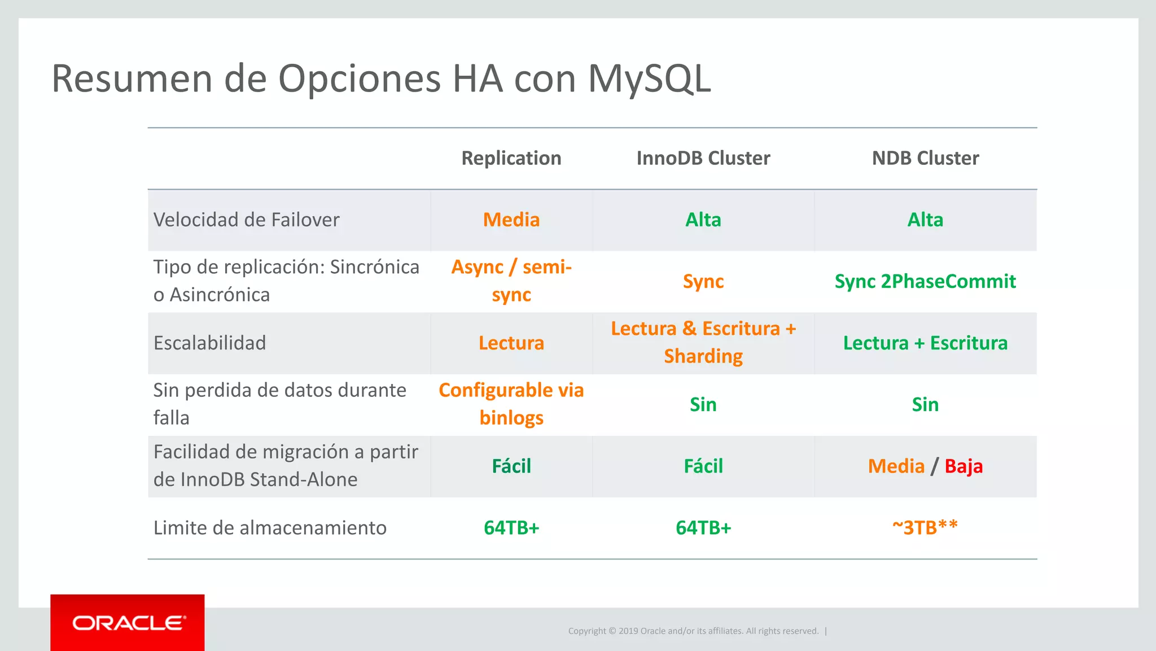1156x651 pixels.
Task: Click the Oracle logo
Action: click(x=128, y=623)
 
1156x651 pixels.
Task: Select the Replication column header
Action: click(x=511, y=158)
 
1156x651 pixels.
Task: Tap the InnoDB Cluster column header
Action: click(x=703, y=158)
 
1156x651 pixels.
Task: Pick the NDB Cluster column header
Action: click(x=925, y=158)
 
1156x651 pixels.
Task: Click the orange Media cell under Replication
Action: click(x=511, y=220)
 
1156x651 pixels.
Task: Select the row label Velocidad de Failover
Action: click(x=247, y=220)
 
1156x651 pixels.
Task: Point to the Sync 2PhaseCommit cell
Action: click(x=925, y=281)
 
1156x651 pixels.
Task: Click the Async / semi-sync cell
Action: click(x=511, y=281)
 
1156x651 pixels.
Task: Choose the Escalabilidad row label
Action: click(x=209, y=343)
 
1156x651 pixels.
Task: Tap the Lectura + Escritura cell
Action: click(x=925, y=343)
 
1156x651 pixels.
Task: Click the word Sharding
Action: click(x=703, y=356)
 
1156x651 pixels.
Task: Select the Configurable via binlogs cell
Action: click(x=511, y=404)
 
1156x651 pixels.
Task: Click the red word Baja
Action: click(x=964, y=466)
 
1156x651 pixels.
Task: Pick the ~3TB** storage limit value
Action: click(x=925, y=527)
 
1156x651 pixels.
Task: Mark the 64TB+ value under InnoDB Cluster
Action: click(x=703, y=527)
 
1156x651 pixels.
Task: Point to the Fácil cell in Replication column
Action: click(x=511, y=466)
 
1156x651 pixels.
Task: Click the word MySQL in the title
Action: click(x=649, y=78)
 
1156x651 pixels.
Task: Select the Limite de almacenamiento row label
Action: click(x=270, y=527)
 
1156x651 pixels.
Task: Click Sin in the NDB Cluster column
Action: click(x=925, y=404)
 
